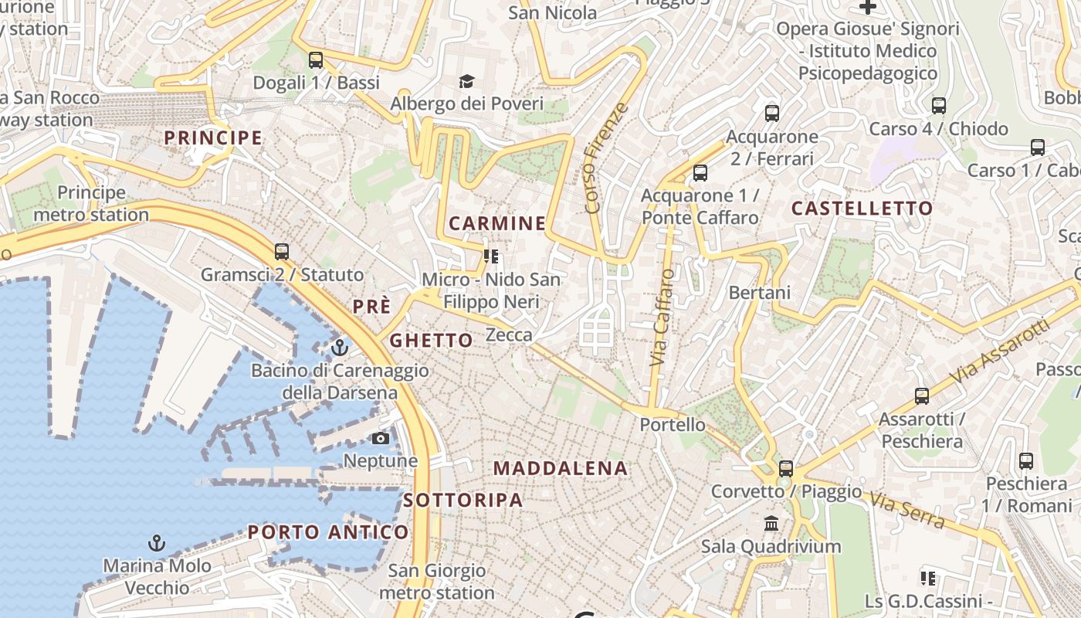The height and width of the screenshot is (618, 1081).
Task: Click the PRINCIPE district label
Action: (x=213, y=138)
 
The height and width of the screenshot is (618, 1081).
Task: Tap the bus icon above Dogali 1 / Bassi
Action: (x=315, y=60)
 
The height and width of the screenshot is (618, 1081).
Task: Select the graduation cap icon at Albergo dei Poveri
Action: (x=466, y=81)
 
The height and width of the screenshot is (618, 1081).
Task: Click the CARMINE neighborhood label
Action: (x=497, y=224)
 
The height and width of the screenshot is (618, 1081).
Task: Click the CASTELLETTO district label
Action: (x=862, y=209)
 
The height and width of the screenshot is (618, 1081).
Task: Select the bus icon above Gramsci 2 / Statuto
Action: (x=282, y=252)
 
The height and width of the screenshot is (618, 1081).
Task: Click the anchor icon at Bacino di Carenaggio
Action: (x=339, y=348)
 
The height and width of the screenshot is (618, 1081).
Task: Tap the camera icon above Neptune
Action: (x=380, y=439)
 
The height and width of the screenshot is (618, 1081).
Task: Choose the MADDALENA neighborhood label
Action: (x=561, y=468)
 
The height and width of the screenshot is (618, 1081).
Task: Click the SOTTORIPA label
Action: (x=463, y=500)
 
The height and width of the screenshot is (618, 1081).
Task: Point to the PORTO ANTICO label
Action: (x=328, y=532)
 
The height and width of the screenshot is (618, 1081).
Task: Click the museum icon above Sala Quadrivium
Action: (x=771, y=524)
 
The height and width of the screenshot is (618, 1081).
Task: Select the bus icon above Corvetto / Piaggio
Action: (x=786, y=469)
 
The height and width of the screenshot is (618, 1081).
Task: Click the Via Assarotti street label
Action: (x=1001, y=352)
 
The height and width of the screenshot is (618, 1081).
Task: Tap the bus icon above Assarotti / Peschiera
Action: (x=922, y=396)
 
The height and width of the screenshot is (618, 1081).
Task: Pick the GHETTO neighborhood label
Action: (x=431, y=341)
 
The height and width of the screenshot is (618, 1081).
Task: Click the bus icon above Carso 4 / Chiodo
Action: (x=939, y=106)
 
